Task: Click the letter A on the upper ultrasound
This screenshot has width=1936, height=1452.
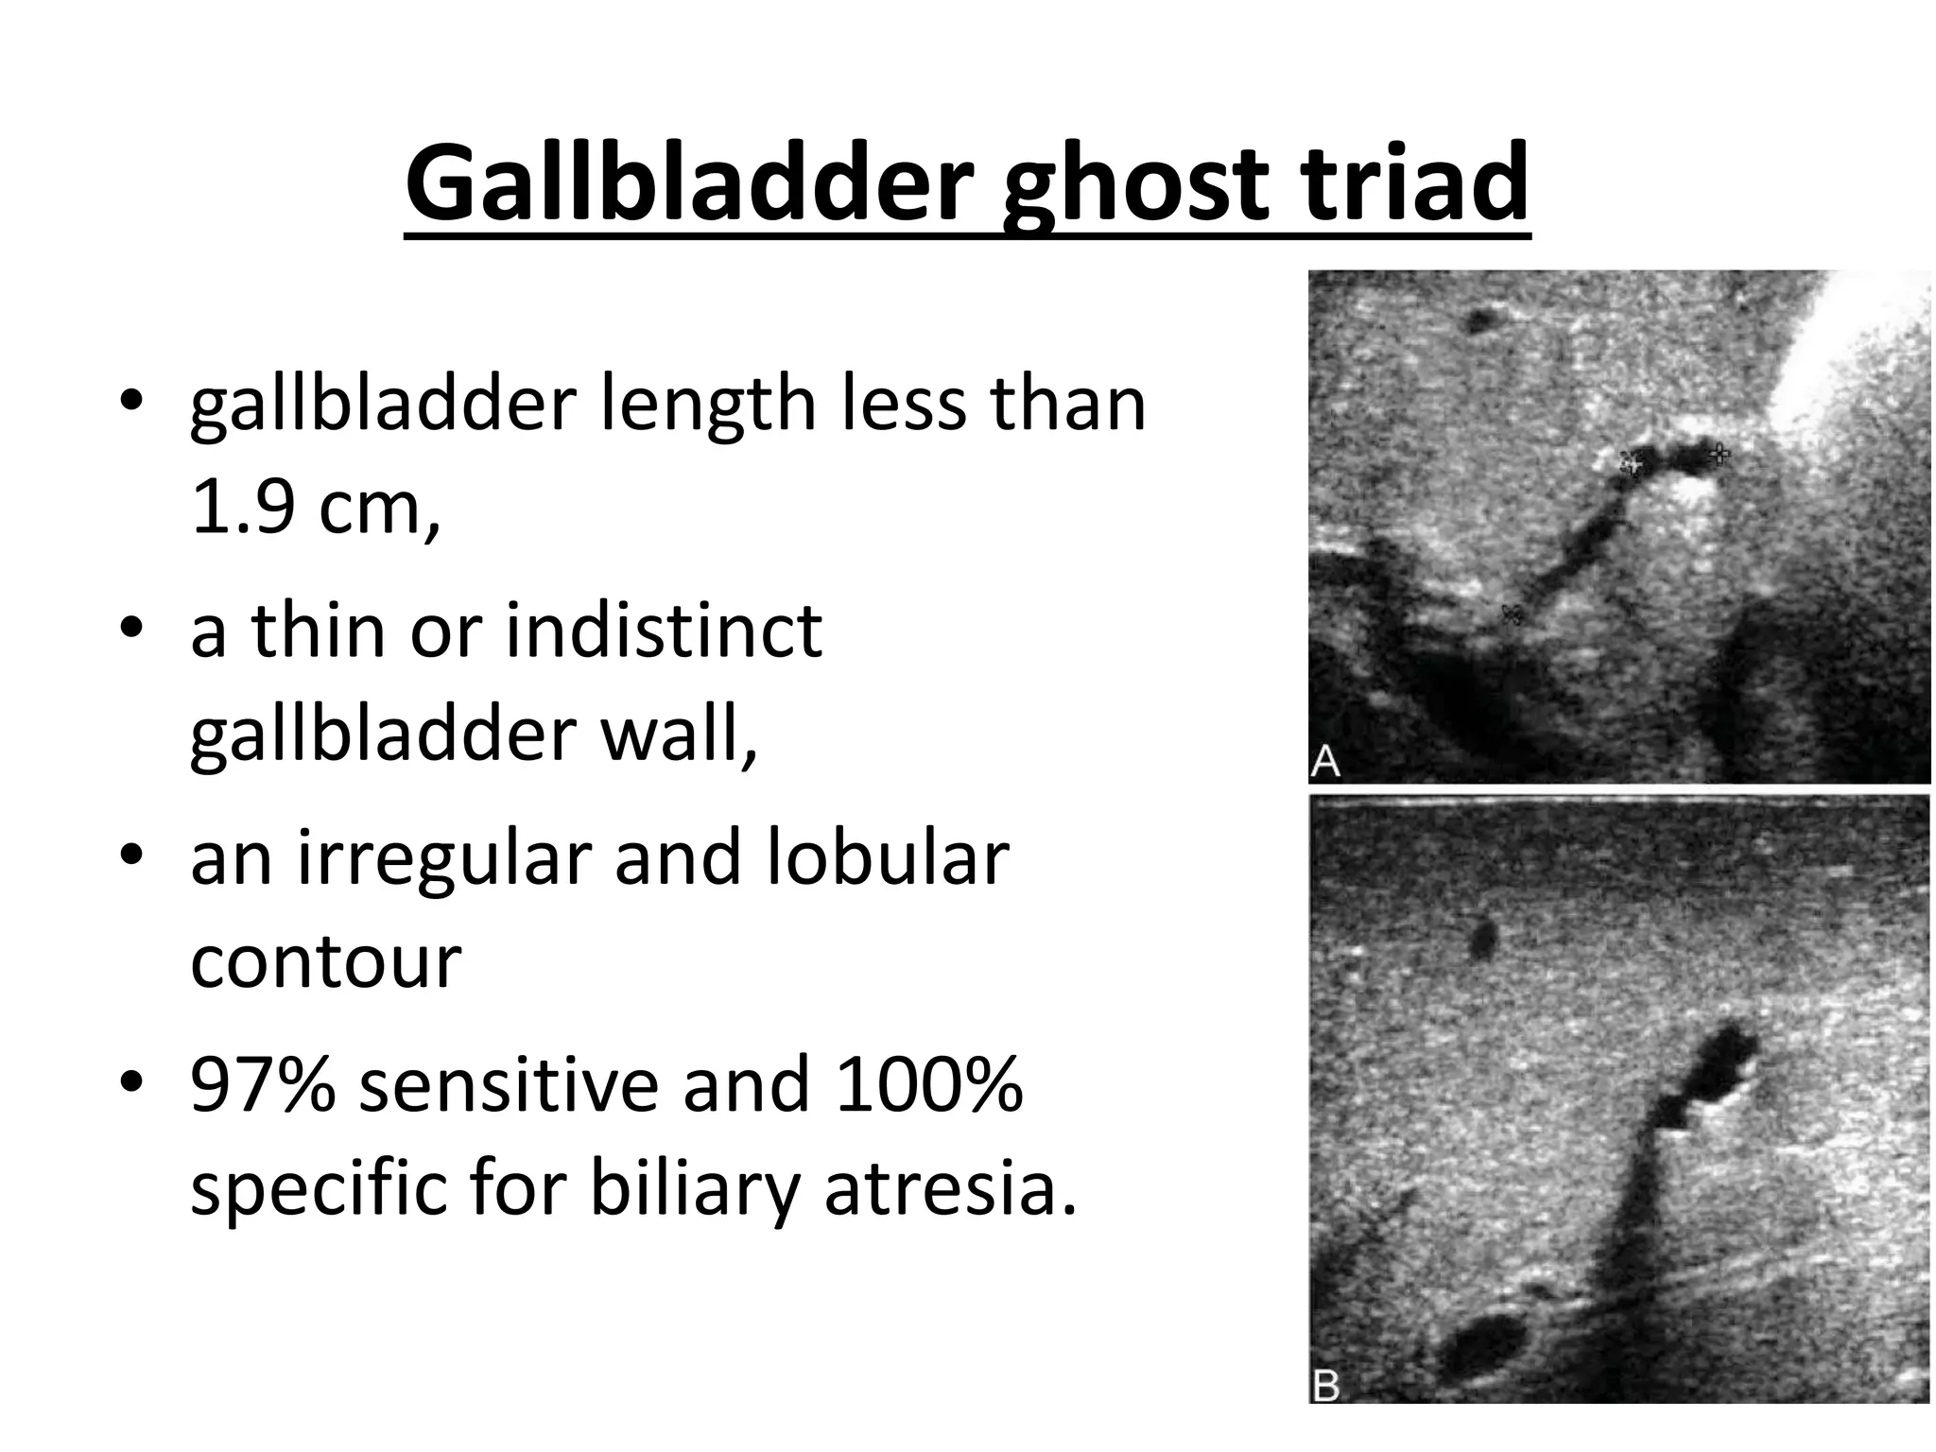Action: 1325,761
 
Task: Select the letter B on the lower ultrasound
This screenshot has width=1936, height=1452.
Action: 1326,1386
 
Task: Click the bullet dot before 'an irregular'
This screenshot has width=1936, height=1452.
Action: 131,855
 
